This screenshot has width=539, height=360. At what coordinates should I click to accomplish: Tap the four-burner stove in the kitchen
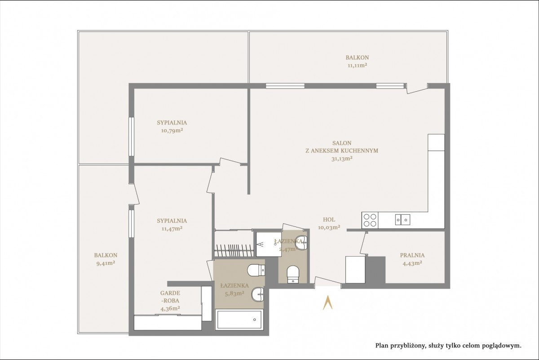click(370, 220)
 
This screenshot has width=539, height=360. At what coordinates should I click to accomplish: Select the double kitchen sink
click(402, 220)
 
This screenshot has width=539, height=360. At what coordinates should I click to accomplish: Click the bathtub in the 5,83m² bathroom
click(239, 320)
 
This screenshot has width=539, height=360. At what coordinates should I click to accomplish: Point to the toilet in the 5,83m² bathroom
click(256, 271)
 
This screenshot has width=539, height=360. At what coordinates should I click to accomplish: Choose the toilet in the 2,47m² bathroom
click(293, 274)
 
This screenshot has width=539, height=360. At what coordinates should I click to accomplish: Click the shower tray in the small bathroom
click(269, 244)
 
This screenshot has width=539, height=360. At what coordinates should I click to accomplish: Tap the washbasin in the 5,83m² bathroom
click(258, 294)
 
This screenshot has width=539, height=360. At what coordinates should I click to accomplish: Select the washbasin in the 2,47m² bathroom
click(301, 243)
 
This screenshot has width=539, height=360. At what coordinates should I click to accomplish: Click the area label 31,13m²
click(342, 159)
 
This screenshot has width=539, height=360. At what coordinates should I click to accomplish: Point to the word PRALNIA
click(412, 255)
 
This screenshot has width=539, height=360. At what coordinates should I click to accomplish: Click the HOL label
click(329, 220)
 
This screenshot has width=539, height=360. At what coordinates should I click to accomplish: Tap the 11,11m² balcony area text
click(358, 65)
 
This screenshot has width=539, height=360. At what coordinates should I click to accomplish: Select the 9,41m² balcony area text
click(106, 263)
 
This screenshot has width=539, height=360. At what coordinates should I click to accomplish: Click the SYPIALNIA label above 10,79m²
click(172, 123)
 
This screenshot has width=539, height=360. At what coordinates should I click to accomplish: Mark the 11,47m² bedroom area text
click(172, 228)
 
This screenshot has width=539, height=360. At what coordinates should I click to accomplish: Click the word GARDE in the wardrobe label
click(170, 293)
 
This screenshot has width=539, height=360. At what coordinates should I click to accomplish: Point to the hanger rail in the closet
click(234, 250)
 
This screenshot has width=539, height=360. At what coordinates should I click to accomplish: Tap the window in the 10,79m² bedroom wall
click(131, 137)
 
